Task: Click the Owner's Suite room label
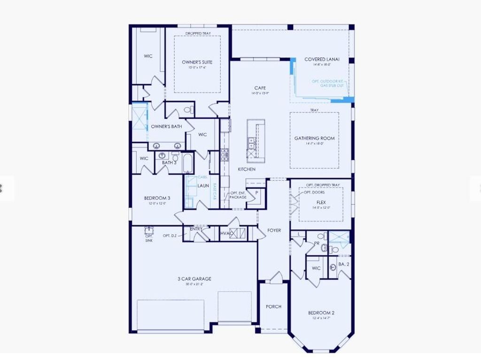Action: (x=197, y=62)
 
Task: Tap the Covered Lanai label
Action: (x=322, y=60)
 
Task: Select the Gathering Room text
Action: (x=314, y=138)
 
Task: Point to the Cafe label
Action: (x=260, y=88)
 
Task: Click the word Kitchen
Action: (x=247, y=169)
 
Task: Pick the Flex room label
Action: (x=321, y=202)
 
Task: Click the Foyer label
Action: (x=274, y=230)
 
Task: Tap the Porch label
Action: (x=273, y=306)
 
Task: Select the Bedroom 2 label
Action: (x=321, y=313)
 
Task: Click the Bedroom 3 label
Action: (x=157, y=198)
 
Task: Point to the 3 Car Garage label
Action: (x=194, y=279)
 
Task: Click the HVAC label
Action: (x=227, y=234)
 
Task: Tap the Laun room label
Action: (x=203, y=186)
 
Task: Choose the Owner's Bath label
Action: (x=166, y=126)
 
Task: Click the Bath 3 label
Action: (x=169, y=163)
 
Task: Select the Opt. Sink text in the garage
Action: (x=148, y=238)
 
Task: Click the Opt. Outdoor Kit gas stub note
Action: (x=328, y=83)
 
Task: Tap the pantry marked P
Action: (x=256, y=193)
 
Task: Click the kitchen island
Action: (x=256, y=138)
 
